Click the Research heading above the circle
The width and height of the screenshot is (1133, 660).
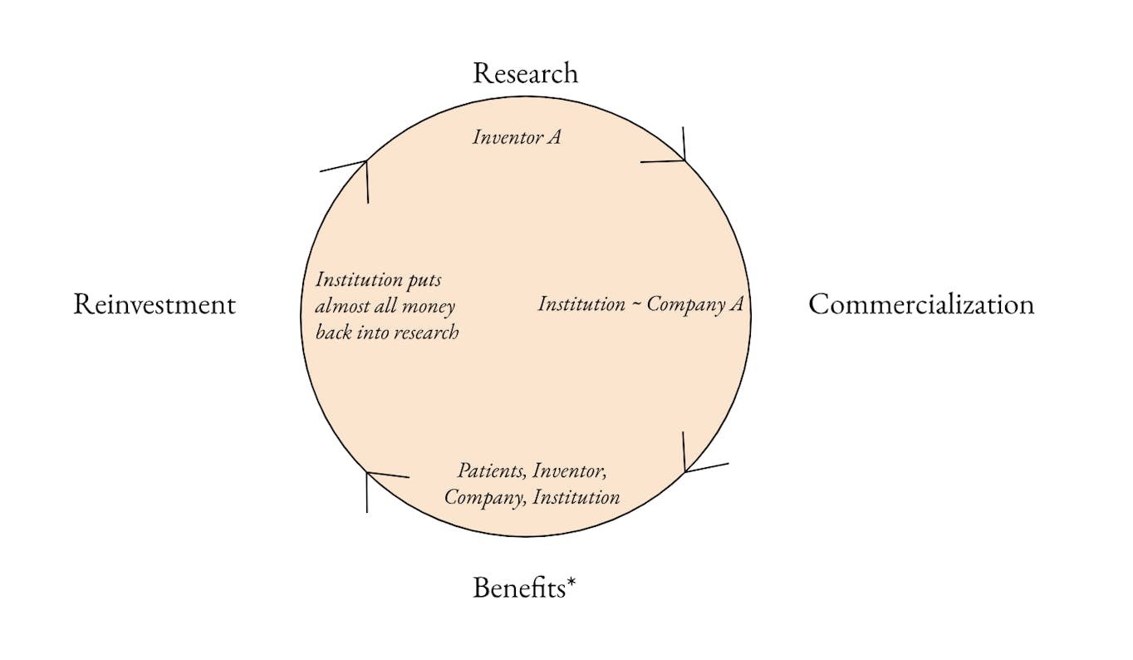(525, 73)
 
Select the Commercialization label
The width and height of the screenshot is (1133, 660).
(921, 304)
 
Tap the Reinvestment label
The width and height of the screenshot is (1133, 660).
(154, 304)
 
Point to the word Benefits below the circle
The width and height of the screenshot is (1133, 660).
(518, 588)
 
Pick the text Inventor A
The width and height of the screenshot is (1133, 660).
(517, 136)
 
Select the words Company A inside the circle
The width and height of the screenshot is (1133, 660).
(694, 304)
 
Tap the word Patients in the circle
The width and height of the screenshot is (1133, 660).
(492, 470)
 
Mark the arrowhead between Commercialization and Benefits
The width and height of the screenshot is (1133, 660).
(685, 471)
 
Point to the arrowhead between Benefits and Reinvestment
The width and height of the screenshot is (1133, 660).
(368, 475)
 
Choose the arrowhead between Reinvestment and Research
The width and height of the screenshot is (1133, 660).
(365, 162)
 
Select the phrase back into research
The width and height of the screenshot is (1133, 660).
(387, 333)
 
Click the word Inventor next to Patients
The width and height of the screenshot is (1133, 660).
(570, 470)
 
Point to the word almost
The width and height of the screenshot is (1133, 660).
(346, 307)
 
